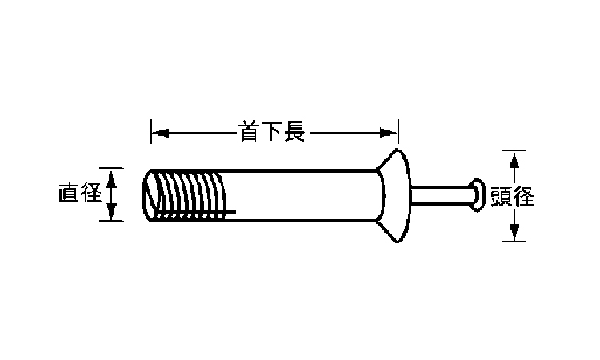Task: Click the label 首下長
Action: (x=272, y=131)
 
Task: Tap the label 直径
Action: (x=78, y=194)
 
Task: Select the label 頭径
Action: (x=513, y=196)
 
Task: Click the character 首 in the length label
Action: (x=250, y=131)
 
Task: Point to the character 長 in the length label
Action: (x=294, y=131)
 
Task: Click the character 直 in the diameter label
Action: (x=68, y=194)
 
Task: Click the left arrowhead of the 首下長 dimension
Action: (x=157, y=132)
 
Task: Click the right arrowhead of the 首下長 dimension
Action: (x=391, y=132)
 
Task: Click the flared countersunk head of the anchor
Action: (x=392, y=194)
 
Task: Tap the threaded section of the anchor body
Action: (x=192, y=194)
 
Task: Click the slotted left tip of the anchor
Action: (x=153, y=194)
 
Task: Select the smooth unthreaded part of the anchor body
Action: (x=304, y=194)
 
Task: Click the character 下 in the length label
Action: (x=272, y=131)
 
